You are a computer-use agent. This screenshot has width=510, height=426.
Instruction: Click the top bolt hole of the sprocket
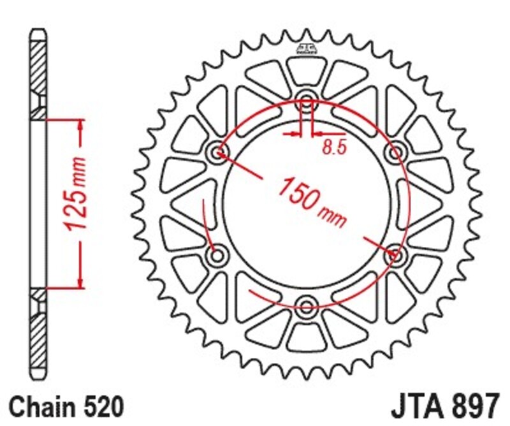pyautogui.click(x=307, y=102)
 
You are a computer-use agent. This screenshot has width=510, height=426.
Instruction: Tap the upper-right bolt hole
pyautogui.click(x=397, y=152)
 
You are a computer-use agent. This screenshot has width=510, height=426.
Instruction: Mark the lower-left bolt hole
pyautogui.click(x=218, y=256)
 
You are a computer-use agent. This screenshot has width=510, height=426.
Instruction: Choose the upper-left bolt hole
pyautogui.click(x=218, y=152)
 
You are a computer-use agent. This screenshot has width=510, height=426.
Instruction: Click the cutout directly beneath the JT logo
pyautogui.click(x=306, y=69)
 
